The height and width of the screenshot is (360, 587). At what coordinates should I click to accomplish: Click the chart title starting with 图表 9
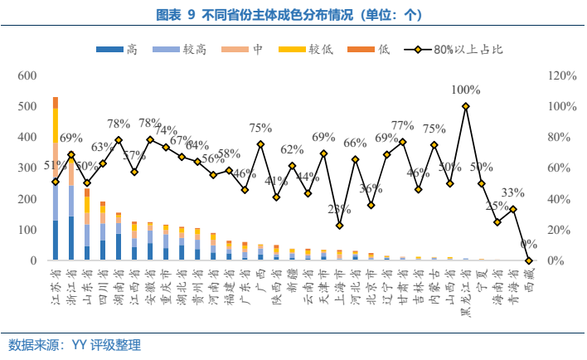[293, 15]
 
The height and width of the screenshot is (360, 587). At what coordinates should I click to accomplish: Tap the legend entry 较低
[316, 51]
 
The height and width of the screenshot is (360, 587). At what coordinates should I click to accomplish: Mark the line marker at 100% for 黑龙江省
[466, 106]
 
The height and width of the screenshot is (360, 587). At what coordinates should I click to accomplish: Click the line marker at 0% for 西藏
[529, 260]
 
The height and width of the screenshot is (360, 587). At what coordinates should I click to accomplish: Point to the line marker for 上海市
[339, 226]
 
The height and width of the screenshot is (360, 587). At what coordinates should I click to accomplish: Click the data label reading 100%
[466, 90]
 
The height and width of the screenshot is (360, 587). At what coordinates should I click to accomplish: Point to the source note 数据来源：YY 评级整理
[75, 344]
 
